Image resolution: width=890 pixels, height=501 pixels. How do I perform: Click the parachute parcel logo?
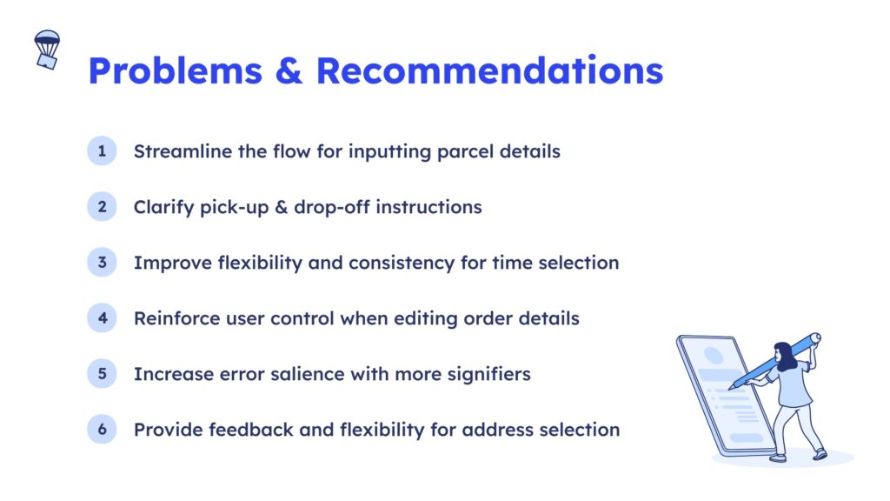coord(47,50)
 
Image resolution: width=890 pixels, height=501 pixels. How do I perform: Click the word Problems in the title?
coord(176,71)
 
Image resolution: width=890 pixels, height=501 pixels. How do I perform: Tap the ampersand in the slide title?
coord(289,71)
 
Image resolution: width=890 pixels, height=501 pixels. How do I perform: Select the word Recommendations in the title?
coord(490,71)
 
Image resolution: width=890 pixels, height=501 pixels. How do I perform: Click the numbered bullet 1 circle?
coord(103,151)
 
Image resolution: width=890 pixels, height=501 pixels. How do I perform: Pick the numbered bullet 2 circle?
coord(103,207)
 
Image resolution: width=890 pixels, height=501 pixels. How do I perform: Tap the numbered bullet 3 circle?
coord(103,263)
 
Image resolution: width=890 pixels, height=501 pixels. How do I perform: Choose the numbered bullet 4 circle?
coord(103,318)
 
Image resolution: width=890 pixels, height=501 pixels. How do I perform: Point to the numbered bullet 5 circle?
coord(103,374)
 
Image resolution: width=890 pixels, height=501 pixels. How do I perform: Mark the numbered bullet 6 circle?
coord(103,430)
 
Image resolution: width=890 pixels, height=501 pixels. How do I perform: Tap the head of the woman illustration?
coord(785,355)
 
